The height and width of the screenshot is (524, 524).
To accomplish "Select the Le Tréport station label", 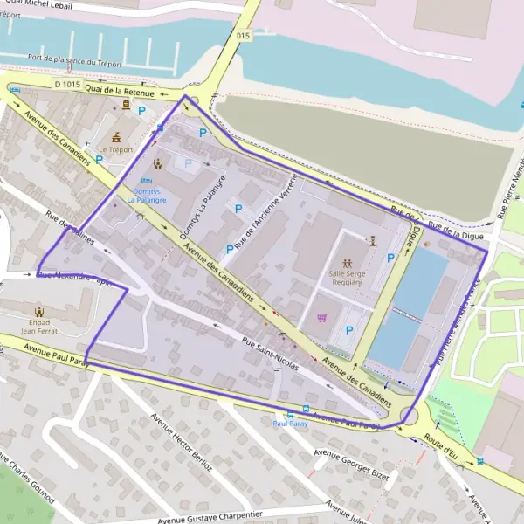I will [115, 149].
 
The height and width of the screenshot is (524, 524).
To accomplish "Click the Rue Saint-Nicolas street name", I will [270, 354].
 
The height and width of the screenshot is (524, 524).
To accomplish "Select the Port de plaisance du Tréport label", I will [73, 62].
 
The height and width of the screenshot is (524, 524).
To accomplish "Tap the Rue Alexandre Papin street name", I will [75, 278].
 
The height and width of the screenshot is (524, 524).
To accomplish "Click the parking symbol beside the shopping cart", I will [349, 330].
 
